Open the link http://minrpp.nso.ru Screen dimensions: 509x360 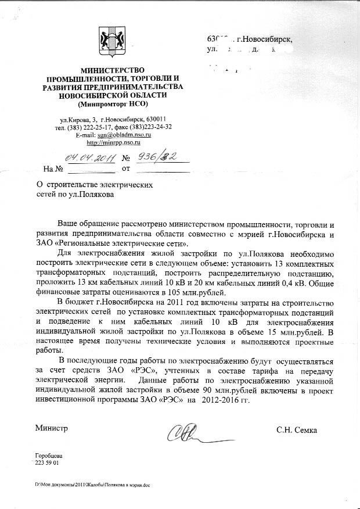click(113, 142)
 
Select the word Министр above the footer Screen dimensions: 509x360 click(52, 429)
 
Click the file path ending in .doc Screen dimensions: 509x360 click(92, 485)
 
